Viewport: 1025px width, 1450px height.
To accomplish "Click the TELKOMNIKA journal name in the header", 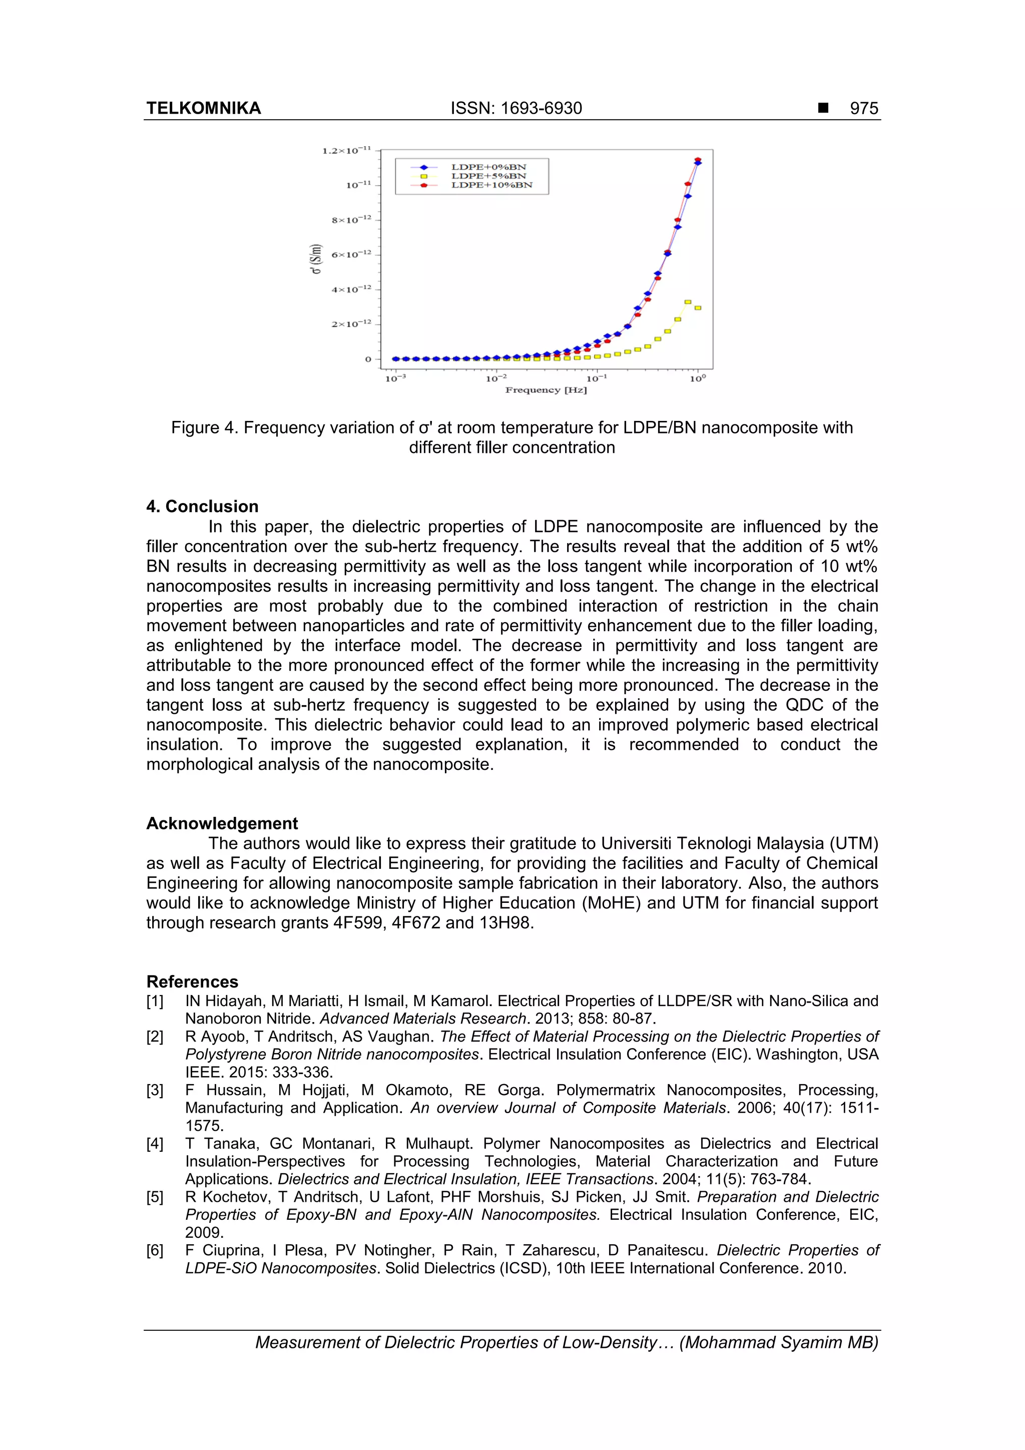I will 203,108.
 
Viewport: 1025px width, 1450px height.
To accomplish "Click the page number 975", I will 863,108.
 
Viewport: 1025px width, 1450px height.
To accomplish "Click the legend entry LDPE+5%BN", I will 488,176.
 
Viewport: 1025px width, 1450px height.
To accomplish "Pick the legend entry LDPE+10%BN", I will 491,185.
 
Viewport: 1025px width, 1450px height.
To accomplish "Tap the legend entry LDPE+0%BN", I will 488,167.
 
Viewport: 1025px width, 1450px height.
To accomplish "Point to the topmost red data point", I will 697,160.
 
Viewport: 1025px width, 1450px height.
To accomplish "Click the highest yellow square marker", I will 688,302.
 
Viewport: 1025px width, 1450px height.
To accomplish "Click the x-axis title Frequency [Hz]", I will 546,390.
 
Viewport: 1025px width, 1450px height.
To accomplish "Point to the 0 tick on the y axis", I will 368,359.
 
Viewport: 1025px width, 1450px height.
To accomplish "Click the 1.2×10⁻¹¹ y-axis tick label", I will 346,150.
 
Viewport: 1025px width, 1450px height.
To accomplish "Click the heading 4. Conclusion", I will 202,507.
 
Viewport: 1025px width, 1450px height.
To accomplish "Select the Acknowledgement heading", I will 222,823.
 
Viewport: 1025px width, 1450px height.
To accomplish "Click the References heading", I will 192,982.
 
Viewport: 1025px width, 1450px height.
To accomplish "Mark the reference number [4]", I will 155,1144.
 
